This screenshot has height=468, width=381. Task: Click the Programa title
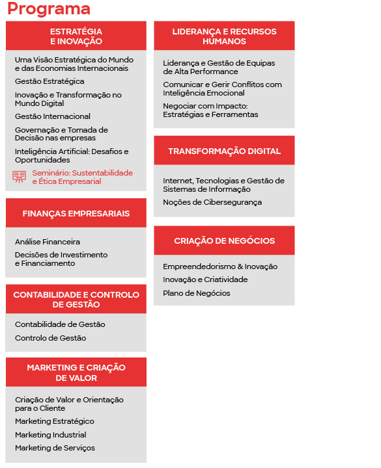[49, 9]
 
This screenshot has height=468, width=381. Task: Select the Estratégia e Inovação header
[76, 36]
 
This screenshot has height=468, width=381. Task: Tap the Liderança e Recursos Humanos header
[224, 36]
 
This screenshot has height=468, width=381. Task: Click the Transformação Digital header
[224, 151]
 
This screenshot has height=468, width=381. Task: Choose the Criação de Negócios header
[224, 241]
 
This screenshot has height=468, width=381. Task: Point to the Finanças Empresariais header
[76, 214]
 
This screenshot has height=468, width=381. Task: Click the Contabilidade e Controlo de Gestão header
[76, 300]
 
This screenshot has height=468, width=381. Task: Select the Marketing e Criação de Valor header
[76, 372]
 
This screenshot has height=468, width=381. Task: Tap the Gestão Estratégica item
[49, 82]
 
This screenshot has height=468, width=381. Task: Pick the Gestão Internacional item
[53, 117]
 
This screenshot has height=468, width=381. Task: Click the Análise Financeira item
[48, 242]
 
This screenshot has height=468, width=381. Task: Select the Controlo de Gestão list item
[50, 338]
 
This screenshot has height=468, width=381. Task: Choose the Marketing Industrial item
[50, 435]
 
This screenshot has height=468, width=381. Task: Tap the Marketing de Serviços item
[55, 448]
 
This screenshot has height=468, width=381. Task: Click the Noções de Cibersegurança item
[212, 203]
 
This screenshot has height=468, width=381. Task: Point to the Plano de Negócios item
[196, 293]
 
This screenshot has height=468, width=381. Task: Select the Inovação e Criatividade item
[205, 279]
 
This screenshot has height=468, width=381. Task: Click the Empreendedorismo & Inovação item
[220, 266]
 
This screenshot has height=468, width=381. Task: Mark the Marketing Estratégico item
[54, 422]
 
